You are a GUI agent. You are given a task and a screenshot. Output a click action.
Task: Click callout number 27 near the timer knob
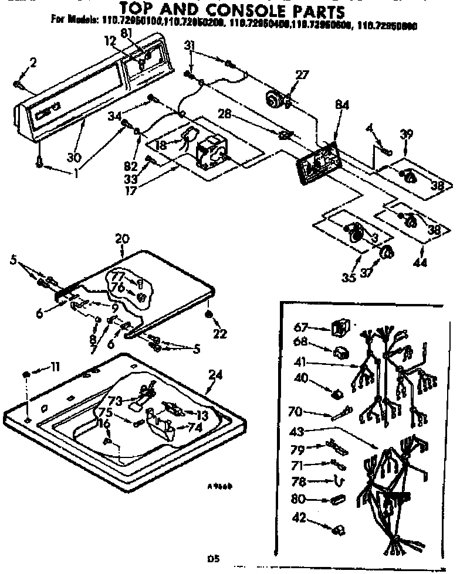302,76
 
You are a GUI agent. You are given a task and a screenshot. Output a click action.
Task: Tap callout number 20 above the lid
122,239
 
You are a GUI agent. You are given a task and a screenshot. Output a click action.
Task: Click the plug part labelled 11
28,374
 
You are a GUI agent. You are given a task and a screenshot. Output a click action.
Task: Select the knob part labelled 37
386,252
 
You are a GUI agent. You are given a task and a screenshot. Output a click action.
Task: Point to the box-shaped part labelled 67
337,329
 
